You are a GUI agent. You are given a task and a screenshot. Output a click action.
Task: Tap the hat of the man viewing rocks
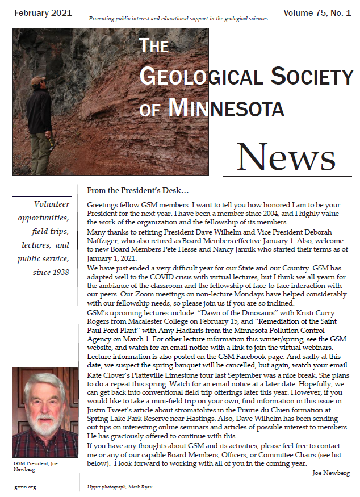click(x=39, y=81)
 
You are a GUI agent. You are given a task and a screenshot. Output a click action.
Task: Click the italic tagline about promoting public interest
click(x=178, y=19)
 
